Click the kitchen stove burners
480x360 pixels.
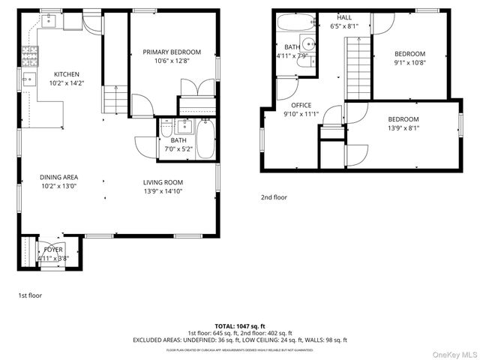click(31, 54)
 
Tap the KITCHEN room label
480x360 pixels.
click(67, 74)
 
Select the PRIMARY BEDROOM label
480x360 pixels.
click(172, 52)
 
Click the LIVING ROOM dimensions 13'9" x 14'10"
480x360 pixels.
click(163, 191)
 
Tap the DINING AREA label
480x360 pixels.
click(58, 178)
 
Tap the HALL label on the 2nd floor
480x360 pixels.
click(344, 17)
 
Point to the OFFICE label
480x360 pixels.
click(301, 105)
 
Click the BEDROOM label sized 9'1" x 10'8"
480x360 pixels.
click(410, 53)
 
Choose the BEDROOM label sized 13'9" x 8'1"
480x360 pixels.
click(403, 119)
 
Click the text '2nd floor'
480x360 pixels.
click(274, 197)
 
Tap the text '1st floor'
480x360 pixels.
click(30, 295)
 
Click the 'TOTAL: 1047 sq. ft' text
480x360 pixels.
click(240, 326)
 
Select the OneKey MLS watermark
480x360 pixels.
click(451, 353)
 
